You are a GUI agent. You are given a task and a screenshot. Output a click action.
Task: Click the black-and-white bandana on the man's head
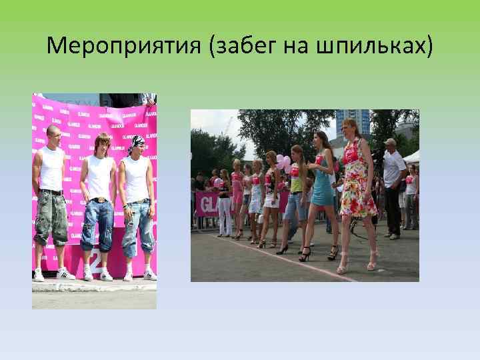click(137, 141)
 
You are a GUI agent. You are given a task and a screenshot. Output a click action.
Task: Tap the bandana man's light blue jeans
click(138, 227)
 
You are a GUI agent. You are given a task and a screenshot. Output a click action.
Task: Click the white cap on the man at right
click(389, 141)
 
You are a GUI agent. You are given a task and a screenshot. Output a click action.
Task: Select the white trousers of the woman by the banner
click(225, 213)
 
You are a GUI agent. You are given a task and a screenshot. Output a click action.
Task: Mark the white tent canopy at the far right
click(412, 157)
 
